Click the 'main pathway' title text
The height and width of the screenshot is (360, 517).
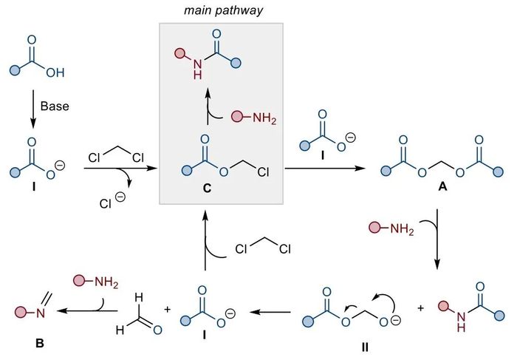223,10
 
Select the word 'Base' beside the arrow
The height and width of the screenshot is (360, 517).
55,106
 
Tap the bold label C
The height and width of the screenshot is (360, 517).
207,188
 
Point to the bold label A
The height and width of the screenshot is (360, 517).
442,187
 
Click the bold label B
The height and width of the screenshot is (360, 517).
40,344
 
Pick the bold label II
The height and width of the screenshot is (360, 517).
365,347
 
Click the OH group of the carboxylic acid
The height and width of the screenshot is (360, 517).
55,72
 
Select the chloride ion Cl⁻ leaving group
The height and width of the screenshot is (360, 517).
112,201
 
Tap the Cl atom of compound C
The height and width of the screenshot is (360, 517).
263,172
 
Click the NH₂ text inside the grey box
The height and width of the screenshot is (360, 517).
264,118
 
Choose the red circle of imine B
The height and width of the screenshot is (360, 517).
21,311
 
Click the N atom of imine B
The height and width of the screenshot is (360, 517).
41,313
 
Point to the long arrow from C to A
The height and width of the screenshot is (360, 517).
325,169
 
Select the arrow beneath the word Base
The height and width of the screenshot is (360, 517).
32,109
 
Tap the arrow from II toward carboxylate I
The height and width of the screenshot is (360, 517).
270,312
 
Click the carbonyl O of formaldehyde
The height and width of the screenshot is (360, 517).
157,330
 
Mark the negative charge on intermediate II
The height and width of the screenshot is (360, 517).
397,319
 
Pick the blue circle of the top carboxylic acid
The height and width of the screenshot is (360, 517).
15,70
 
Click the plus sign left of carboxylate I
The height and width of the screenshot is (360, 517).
168,309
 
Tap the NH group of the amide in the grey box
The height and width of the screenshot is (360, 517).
197,69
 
